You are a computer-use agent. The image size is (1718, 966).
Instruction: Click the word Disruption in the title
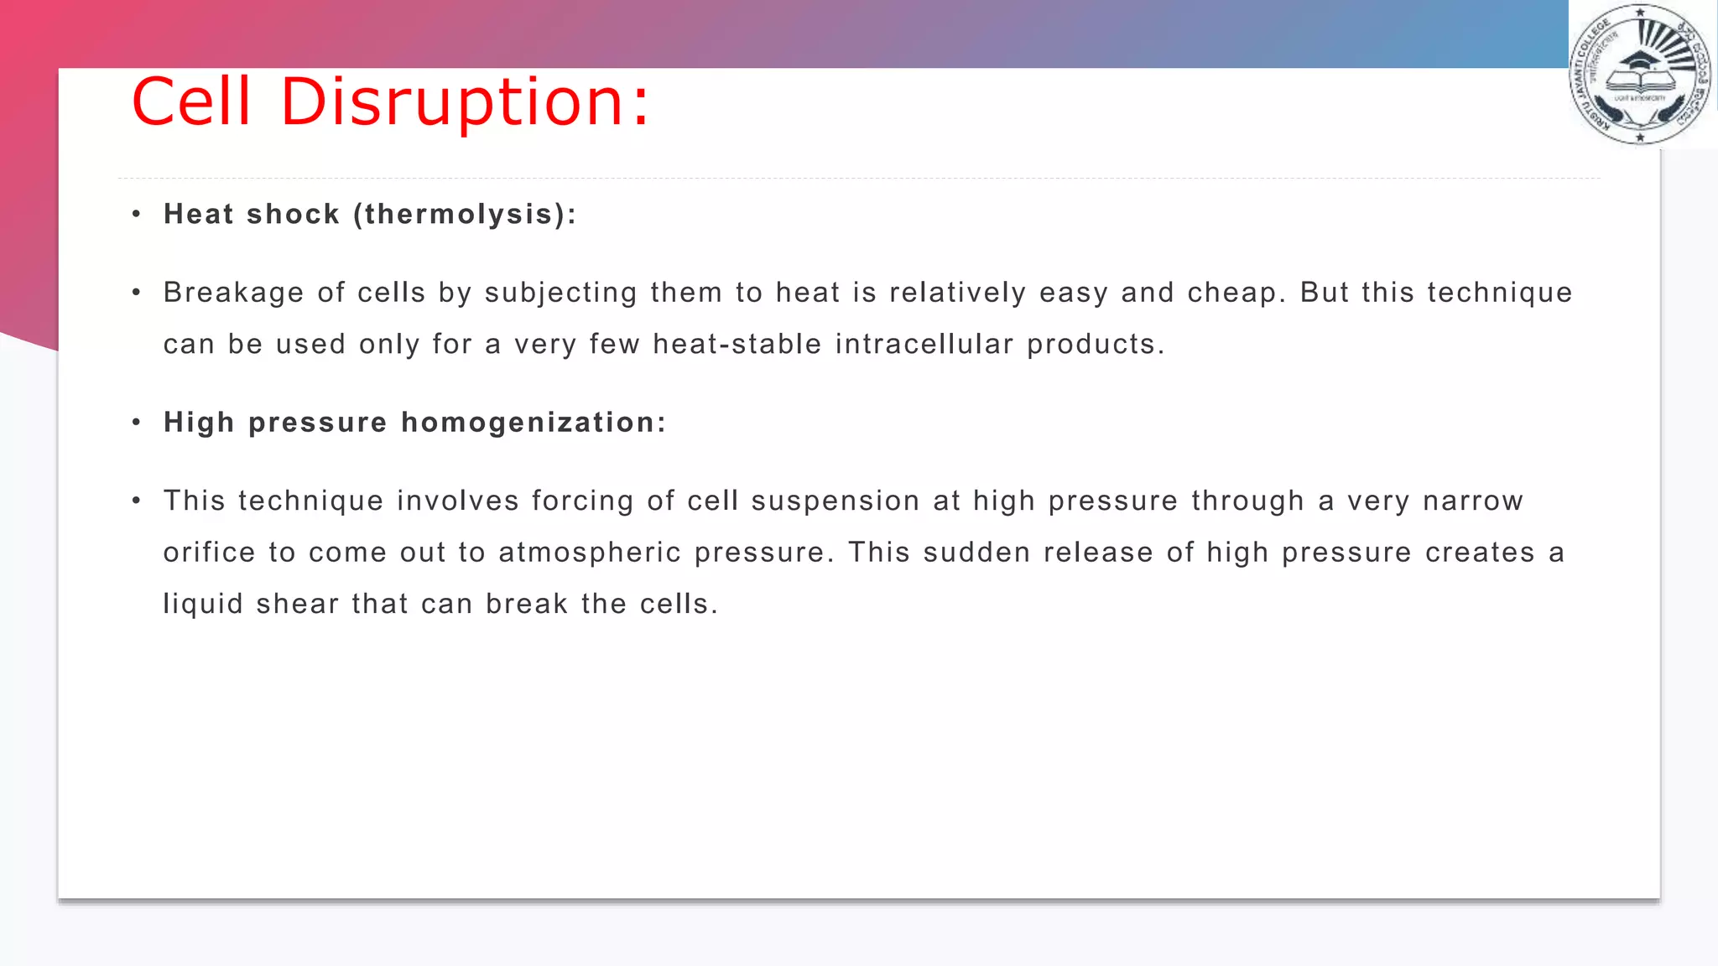point(464,102)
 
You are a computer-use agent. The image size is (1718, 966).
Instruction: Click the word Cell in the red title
point(191,102)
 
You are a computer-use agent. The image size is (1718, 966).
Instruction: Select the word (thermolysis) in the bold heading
point(465,215)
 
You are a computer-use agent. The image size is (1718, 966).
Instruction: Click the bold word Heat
point(198,215)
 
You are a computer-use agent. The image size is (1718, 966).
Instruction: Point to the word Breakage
point(233,293)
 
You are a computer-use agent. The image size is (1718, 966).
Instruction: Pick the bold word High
point(199,423)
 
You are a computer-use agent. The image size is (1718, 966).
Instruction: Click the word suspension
point(835,501)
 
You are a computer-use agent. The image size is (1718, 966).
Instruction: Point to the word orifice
point(209,553)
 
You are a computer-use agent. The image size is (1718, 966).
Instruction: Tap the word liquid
point(203,605)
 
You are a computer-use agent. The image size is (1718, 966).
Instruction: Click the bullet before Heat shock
point(136,215)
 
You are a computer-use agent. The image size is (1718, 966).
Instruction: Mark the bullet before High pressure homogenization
point(136,423)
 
